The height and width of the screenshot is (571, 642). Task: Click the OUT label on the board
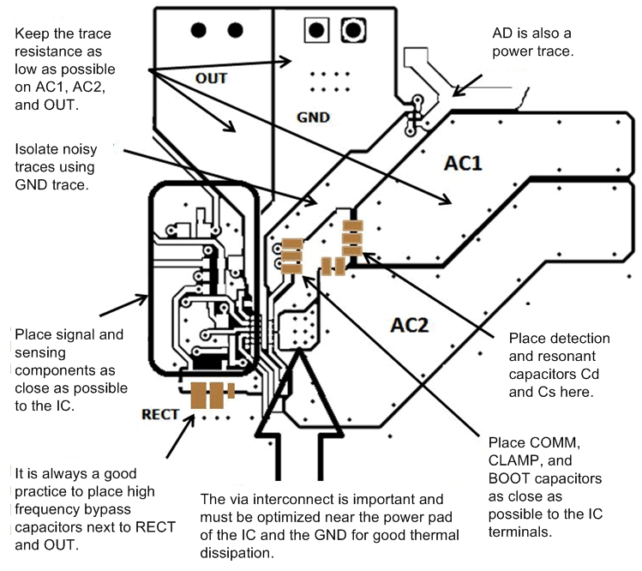pos(211,78)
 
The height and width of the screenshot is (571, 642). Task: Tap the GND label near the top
pos(313,117)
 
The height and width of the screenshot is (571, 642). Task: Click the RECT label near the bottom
pos(161,415)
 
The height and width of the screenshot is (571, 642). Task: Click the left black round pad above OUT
pos(200,30)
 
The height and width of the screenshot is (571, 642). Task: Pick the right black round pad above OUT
pos(234,30)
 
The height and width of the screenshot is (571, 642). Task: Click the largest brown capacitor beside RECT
pos(201,396)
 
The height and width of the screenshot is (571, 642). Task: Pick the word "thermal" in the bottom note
pos(432,536)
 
